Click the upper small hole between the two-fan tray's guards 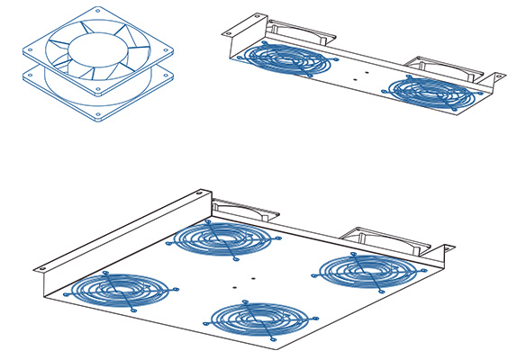[x=366, y=67]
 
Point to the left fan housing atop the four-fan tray [x=247, y=210]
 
